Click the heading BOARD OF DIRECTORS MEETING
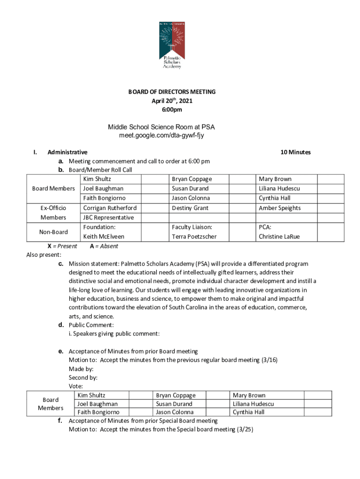[172, 92]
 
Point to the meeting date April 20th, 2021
[172, 101]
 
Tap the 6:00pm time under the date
[172, 110]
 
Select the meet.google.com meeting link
[162, 136]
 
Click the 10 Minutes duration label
[295, 152]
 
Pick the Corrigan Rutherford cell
[110, 208]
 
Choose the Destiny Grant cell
[190, 208]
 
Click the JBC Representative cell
[108, 218]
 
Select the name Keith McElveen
[104, 237]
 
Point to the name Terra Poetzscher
[194, 237]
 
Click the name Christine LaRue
[279, 237]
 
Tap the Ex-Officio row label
[53, 208]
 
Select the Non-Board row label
[53, 232]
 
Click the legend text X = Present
[62, 247]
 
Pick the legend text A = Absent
[104, 247]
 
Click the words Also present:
[44, 255]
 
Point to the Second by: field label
[83, 377]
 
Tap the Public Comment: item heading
[91, 325]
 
